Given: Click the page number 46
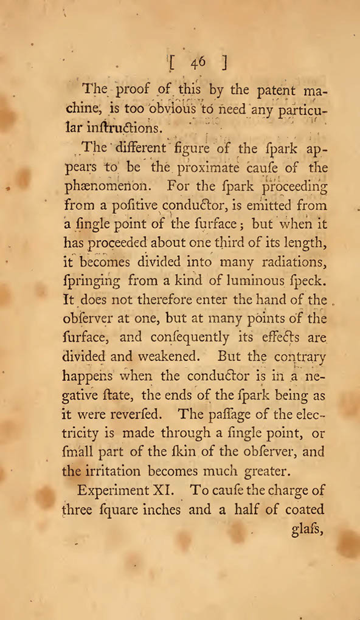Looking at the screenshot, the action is [x=198, y=62].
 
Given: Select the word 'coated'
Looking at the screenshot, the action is [x=302, y=510].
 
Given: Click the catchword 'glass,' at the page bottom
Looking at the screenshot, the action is [x=302, y=528].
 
